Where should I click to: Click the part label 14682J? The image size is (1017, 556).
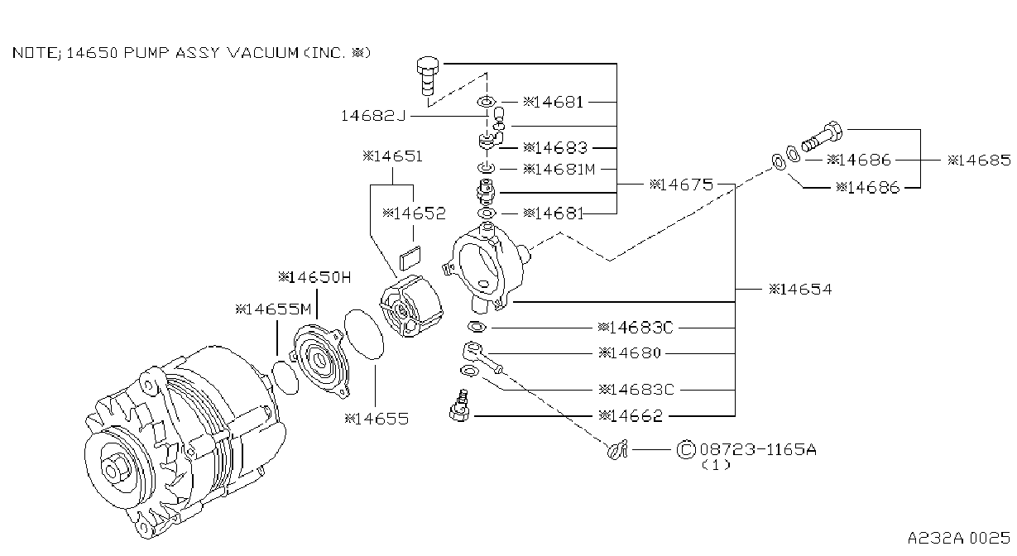pos(372,116)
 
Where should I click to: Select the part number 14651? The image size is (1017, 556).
pos(393,156)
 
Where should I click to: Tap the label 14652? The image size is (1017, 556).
pos(414,213)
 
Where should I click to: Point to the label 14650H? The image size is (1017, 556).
pos(314,277)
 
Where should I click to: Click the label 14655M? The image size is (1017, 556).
pos(273,309)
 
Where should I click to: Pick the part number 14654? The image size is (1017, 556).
pos(800,289)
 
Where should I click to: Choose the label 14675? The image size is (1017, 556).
pos(682,185)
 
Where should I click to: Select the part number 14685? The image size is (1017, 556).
pos(979,160)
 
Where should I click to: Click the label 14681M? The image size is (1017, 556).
pos(559,169)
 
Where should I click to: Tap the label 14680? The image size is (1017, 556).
pos(630,352)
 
